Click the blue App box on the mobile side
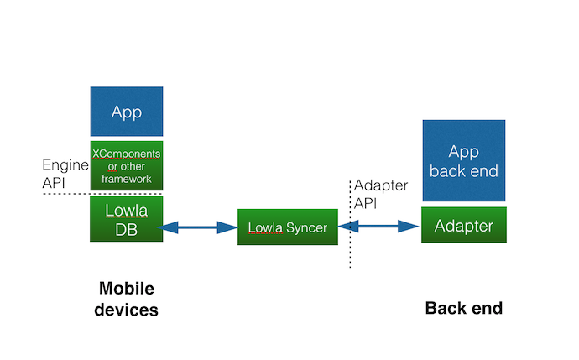click(127, 112)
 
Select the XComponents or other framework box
click(127, 166)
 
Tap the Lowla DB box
click(126, 219)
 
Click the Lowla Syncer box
click(288, 227)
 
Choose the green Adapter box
click(464, 225)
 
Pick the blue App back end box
click(464, 160)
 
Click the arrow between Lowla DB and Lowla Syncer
click(197, 227)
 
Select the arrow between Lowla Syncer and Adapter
click(378, 227)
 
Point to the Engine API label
click(65, 174)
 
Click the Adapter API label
click(381, 194)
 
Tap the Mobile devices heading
click(126, 299)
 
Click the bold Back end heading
click(464, 308)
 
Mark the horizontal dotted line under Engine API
click(102, 194)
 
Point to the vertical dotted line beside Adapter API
click(350, 224)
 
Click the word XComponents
click(126, 154)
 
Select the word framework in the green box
click(126, 179)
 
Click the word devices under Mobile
click(126, 310)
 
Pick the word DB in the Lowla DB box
click(126, 230)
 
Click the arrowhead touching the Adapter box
click(409, 227)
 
